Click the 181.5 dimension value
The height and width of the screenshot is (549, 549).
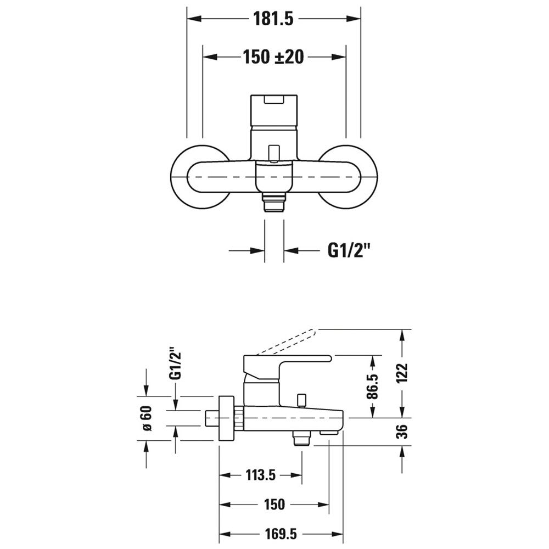[x=273, y=19]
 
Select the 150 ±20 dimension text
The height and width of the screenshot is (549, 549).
[x=273, y=57]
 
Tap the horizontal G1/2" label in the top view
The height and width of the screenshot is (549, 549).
[x=349, y=251]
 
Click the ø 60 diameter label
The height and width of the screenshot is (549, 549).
[x=147, y=418]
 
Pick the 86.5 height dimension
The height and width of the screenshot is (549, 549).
[x=373, y=386]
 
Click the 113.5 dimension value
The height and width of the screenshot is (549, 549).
[x=261, y=475]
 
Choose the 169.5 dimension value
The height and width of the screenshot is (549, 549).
[x=281, y=534]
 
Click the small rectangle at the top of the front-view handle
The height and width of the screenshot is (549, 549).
[x=274, y=100]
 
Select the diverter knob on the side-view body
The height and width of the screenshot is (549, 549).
[x=301, y=401]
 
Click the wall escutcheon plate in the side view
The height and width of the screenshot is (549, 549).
[x=226, y=418]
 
